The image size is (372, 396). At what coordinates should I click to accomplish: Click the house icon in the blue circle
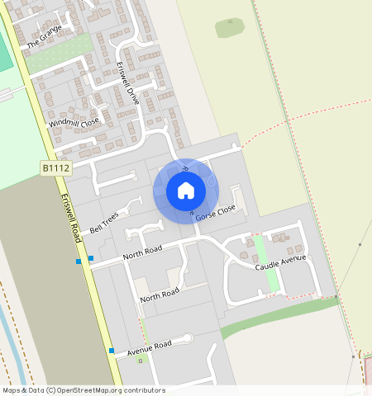[186, 191]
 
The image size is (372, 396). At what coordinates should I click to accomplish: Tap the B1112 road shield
[57, 168]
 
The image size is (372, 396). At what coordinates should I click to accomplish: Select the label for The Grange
[45, 37]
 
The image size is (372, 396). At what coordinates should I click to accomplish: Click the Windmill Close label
[74, 123]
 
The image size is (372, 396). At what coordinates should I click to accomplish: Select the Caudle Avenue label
[280, 263]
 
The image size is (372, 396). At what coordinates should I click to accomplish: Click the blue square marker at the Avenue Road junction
[112, 351]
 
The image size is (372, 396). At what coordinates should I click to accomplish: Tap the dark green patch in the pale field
[230, 27]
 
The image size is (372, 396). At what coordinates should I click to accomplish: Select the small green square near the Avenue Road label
[140, 361]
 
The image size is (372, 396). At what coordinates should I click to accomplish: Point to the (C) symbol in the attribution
[50, 390]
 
